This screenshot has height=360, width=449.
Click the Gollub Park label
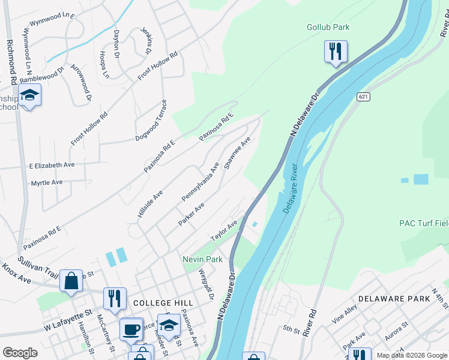[x=328, y=27]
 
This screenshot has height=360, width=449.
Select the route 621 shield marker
[x=363, y=97]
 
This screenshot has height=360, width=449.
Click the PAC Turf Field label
[x=424, y=223]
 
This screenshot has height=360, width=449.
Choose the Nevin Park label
[x=203, y=259]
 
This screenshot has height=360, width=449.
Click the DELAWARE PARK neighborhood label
[x=394, y=298]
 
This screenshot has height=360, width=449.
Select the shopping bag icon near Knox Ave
[x=71, y=280]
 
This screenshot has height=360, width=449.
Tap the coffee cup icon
[x=131, y=328]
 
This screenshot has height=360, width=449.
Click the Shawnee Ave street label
[x=237, y=153]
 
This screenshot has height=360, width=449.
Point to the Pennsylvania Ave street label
[x=200, y=181]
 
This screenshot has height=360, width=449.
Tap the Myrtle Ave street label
[x=46, y=182]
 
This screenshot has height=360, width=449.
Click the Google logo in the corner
[x=20, y=352]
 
